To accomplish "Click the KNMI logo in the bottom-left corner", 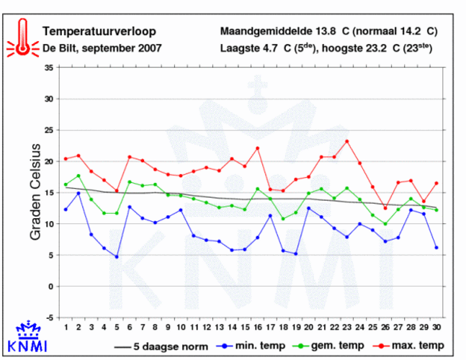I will coord(27,339).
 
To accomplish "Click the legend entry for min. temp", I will coord(254,346).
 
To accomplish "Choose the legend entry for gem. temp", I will coord(333,346).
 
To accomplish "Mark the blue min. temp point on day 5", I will coord(117,256).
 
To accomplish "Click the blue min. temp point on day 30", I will coord(436,247).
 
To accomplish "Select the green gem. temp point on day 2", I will coord(79,176).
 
